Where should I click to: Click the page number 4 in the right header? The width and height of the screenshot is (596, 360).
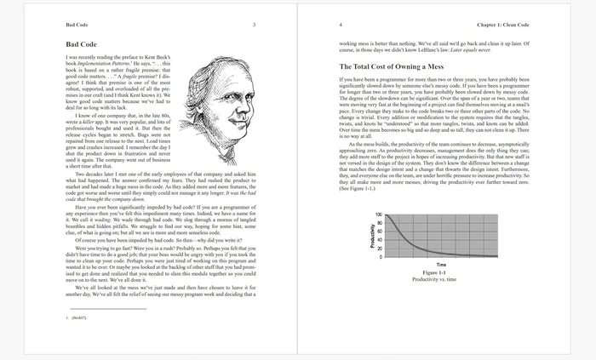pos(341,25)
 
